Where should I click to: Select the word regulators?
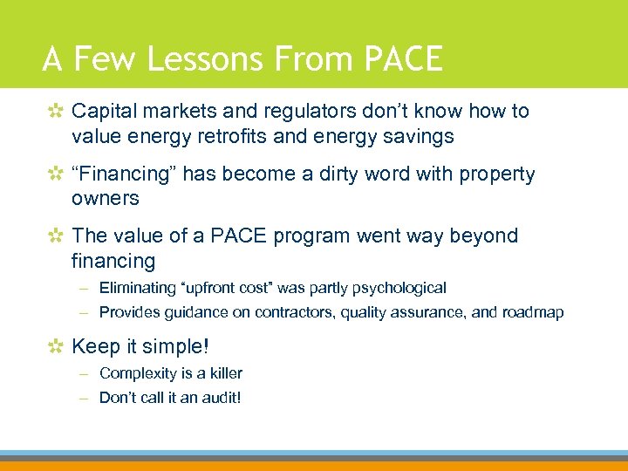point(285,111)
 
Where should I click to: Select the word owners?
point(106,198)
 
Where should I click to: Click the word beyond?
point(483,235)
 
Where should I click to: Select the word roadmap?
point(532,312)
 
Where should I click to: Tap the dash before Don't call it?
point(86,398)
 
